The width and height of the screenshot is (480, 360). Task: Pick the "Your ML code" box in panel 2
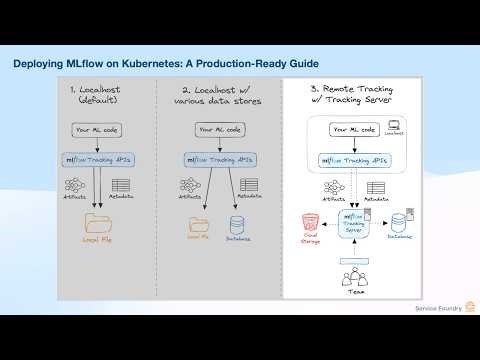tap(218, 130)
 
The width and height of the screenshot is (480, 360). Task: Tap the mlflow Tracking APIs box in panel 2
tap(218, 159)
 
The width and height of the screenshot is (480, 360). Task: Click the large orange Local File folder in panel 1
tap(97, 221)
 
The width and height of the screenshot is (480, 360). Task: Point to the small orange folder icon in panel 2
tap(196, 220)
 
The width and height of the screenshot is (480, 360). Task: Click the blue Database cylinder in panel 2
tap(237, 221)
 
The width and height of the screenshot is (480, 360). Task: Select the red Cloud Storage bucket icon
tap(309, 221)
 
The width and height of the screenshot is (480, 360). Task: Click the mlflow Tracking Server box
tap(353, 224)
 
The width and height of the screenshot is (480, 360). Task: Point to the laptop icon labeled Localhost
tap(394, 125)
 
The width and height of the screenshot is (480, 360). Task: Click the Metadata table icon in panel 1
tap(121, 186)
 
